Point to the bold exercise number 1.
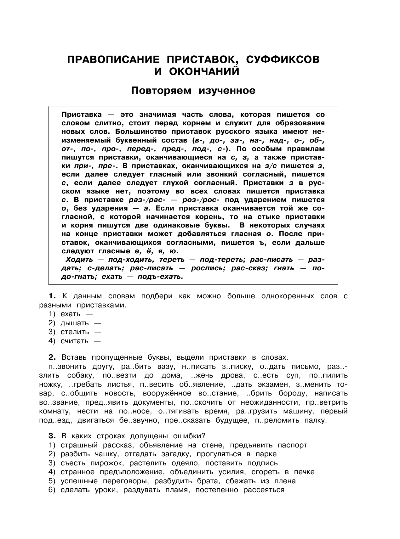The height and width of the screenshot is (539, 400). click(x=52, y=296)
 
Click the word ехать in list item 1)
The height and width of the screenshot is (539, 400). click(x=71, y=314)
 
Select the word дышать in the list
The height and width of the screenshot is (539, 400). click(x=75, y=323)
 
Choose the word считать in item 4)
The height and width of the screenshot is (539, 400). click(x=75, y=341)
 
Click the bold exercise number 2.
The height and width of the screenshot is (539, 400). click(x=52, y=357)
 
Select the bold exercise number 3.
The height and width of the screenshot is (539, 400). click(x=52, y=436)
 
